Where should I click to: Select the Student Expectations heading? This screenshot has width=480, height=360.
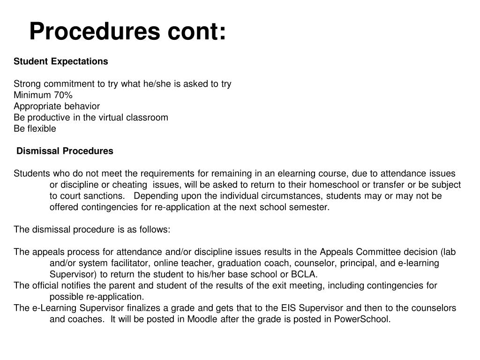60,61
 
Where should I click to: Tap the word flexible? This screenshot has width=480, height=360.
41,129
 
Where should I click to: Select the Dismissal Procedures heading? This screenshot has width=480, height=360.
65,151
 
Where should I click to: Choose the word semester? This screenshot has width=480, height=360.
313,208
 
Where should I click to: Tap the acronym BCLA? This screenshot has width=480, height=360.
304,275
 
